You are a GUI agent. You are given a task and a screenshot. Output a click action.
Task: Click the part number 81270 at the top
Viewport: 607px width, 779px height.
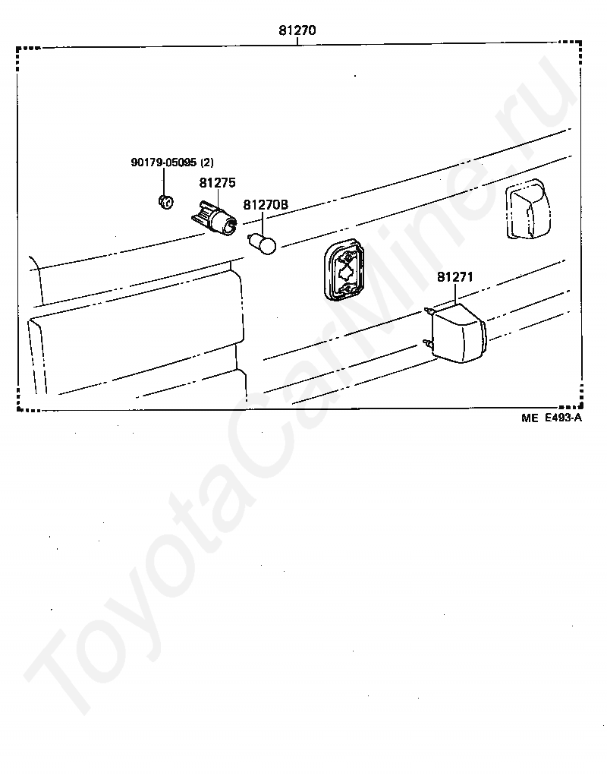[x=297, y=31]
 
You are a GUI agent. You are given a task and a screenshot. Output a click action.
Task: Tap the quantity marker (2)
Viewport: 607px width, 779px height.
[x=207, y=162]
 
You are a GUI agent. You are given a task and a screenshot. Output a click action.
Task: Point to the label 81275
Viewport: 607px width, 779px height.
[x=218, y=183]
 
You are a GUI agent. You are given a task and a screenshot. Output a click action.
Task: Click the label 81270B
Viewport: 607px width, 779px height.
[x=266, y=205]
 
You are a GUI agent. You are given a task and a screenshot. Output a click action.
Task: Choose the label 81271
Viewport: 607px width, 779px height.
[x=454, y=278]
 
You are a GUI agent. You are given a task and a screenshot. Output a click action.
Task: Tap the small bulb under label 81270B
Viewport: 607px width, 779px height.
[x=264, y=244]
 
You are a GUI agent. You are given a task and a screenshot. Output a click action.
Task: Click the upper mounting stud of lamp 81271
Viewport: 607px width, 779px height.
[x=430, y=311]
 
